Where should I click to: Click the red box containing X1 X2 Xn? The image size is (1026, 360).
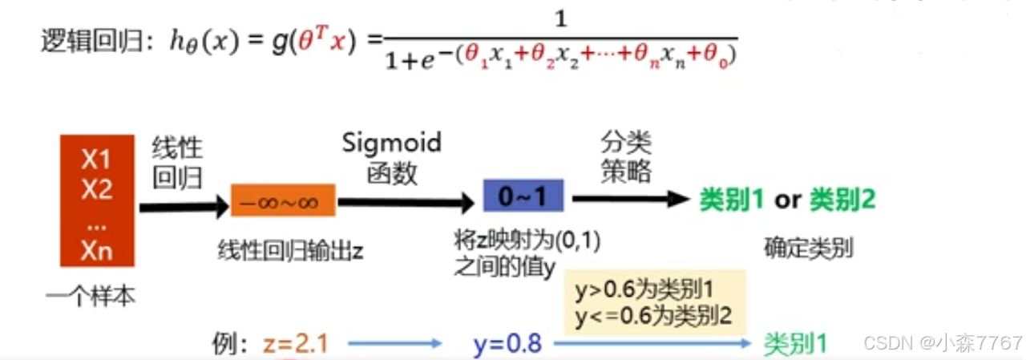click(x=96, y=200)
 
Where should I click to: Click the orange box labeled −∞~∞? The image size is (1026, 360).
click(x=283, y=200)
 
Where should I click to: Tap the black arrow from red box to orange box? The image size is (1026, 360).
click(x=184, y=207)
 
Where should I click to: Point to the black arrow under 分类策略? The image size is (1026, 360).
click(x=629, y=199)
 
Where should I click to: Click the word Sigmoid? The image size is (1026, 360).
click(x=391, y=143)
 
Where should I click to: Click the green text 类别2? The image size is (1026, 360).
click(x=842, y=200)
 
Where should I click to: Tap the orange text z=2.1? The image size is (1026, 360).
click(x=296, y=344)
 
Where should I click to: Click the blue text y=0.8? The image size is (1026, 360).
click(x=507, y=344)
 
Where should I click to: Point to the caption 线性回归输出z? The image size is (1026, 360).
click(x=290, y=250)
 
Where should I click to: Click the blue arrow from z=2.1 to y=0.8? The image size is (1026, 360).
click(x=394, y=344)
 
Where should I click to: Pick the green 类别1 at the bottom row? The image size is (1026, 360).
click(x=794, y=344)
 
